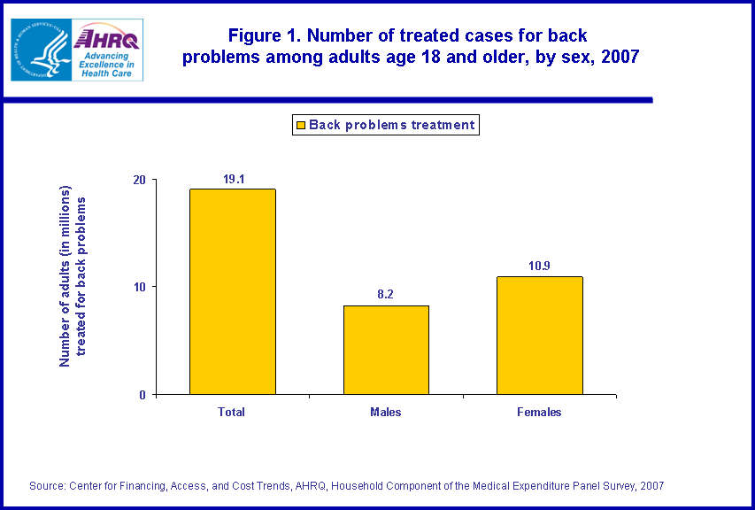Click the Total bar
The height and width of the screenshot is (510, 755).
[x=232, y=291]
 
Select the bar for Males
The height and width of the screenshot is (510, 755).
[x=386, y=350]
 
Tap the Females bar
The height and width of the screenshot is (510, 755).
[x=539, y=336]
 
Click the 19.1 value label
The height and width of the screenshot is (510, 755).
[x=233, y=179]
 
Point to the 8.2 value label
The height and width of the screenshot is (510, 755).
[x=386, y=296]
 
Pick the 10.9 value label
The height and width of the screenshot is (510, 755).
[x=539, y=267]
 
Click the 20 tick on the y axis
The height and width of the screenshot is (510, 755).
[x=139, y=180]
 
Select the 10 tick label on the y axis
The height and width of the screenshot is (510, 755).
[x=139, y=287]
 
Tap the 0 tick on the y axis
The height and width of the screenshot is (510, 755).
[x=143, y=395]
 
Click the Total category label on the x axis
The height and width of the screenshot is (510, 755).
[x=232, y=413]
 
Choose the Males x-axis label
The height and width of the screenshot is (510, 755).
[x=386, y=413]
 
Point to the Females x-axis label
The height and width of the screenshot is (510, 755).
[x=539, y=413]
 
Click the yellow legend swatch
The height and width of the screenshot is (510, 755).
[x=300, y=125]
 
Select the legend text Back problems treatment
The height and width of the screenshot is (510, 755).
[x=392, y=125]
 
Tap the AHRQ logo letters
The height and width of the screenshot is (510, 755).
[x=107, y=38]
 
